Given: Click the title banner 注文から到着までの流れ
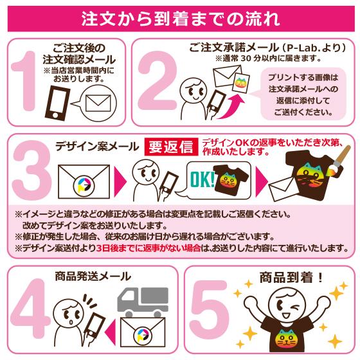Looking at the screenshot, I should [180, 17].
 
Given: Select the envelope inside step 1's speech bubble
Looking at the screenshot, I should [96, 102].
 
